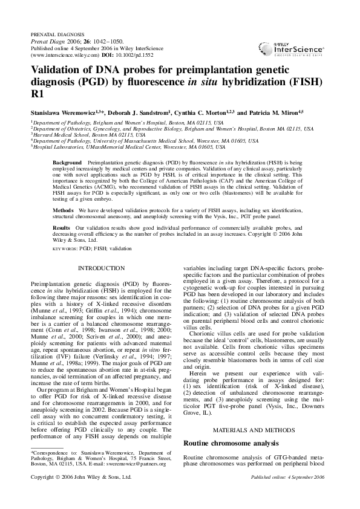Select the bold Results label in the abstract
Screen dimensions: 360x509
62,227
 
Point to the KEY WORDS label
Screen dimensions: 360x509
65,248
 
